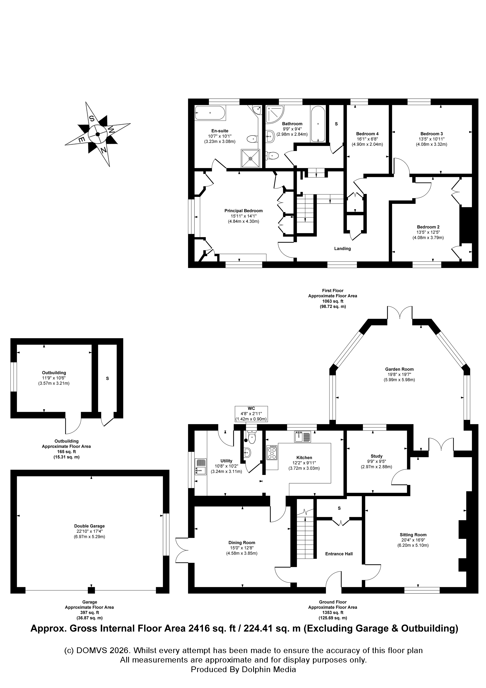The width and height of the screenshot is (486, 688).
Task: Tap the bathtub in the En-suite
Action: pyautogui.click(x=210, y=113)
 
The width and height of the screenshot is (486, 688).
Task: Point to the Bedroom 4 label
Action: pyautogui.click(x=367, y=134)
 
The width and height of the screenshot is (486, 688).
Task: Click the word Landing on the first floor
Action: pyautogui.click(x=342, y=248)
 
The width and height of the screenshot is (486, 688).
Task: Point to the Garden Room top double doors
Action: pyautogui.click(x=400, y=313)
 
